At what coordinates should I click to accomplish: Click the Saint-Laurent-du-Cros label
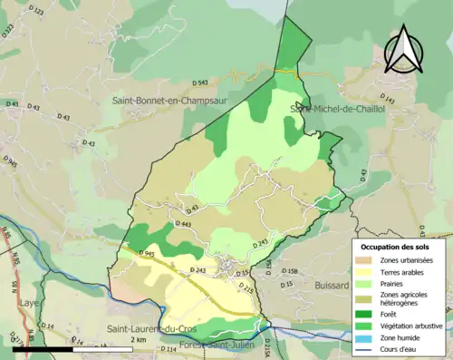[x=154, y=327]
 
